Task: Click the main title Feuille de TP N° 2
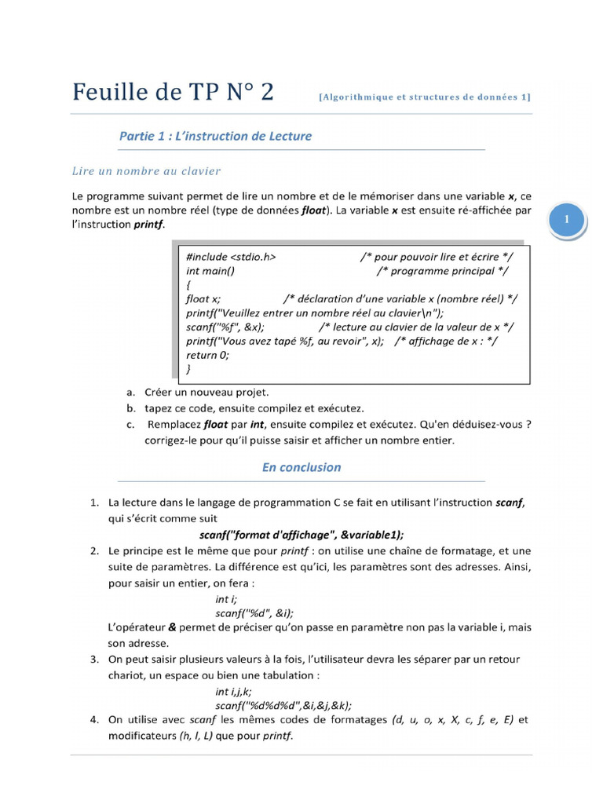(174, 92)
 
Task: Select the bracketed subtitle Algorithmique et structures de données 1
(425, 97)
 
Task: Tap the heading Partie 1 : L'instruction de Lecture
(215, 136)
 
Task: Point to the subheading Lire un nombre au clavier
(146, 170)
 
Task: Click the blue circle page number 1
(568, 220)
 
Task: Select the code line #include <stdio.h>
(231, 257)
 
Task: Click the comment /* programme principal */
(442, 271)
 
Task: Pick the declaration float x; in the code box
(203, 298)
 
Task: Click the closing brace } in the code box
(188, 368)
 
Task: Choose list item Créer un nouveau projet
(206, 392)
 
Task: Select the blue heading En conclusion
(301, 467)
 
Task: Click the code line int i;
(226, 599)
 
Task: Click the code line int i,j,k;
(233, 692)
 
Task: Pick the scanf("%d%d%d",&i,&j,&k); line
(283, 705)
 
